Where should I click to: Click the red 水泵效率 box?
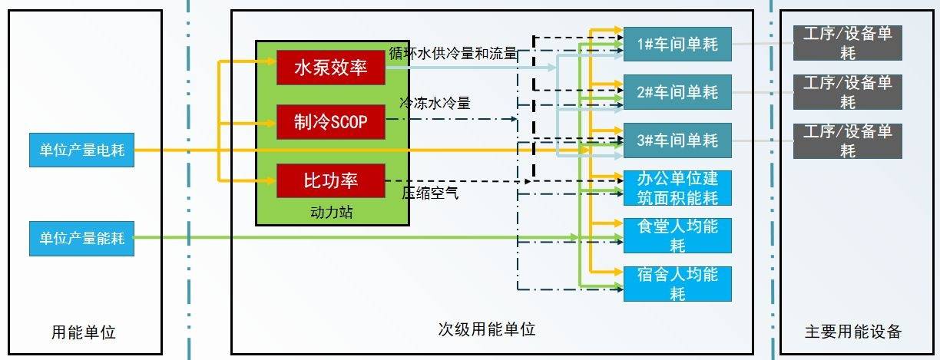click(331, 68)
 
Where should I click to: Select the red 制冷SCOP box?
click(331, 122)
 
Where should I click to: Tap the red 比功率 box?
click(331, 181)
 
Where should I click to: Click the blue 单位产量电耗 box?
click(82, 150)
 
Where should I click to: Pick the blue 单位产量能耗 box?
click(82, 238)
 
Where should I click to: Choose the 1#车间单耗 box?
click(677, 44)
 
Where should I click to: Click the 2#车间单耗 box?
click(677, 92)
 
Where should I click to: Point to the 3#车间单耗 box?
click(677, 140)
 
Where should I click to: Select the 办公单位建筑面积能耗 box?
click(677, 188)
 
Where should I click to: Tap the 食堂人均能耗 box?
click(677, 236)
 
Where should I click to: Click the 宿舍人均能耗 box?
click(677, 284)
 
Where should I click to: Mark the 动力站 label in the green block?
click(332, 213)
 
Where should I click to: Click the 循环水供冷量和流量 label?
click(453, 54)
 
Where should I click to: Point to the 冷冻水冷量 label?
click(435, 103)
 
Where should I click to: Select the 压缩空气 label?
click(430, 193)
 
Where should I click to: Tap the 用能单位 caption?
click(84, 332)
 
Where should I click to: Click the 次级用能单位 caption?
click(487, 329)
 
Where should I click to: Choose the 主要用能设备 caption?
click(853, 332)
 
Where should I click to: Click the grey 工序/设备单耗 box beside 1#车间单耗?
click(848, 43)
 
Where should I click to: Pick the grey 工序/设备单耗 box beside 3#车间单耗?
click(848, 141)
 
